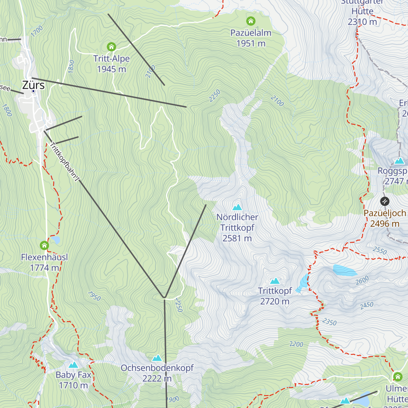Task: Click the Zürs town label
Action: point(33,85)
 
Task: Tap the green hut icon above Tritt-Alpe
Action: point(111,47)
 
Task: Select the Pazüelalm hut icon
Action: point(251,21)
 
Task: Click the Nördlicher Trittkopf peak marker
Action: point(237,207)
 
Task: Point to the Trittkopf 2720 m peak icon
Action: point(275,281)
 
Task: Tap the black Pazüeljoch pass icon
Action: point(385,201)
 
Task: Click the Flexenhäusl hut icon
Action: point(44,245)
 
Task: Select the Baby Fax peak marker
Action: point(73,365)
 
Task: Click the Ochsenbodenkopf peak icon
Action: point(157,358)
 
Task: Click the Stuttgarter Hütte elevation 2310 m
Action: point(362,22)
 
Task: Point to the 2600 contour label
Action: point(362,280)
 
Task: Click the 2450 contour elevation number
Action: point(367,305)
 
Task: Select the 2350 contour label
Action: point(329,322)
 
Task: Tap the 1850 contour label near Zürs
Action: point(71,66)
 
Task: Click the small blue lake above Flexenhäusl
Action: point(55,240)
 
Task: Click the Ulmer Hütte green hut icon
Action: point(397,376)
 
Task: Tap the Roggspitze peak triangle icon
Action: point(400,160)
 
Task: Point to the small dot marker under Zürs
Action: point(33,91)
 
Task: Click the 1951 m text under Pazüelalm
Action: point(251,44)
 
